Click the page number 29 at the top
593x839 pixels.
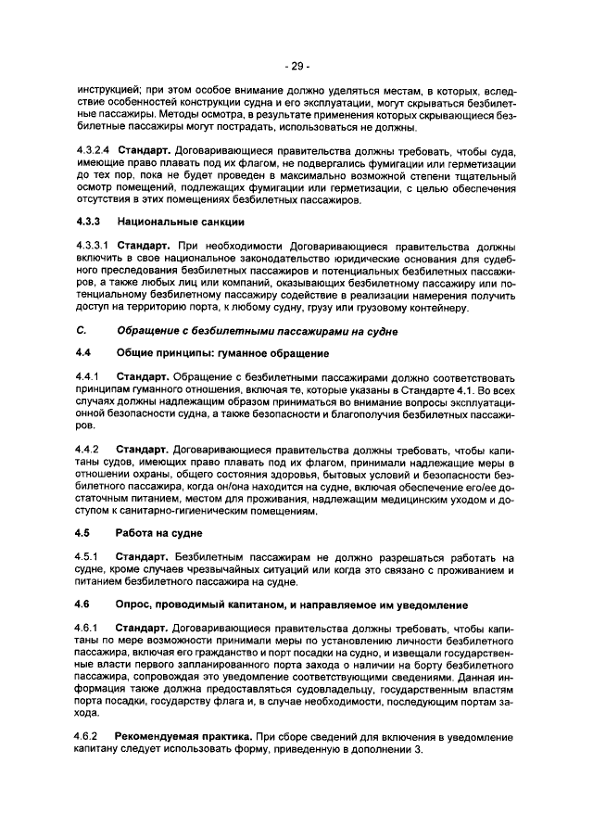[296, 66]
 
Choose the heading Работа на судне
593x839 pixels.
[159, 534]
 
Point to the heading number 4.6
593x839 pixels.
[82, 604]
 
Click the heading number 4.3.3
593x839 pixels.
[86, 222]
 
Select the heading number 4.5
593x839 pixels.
[82, 534]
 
